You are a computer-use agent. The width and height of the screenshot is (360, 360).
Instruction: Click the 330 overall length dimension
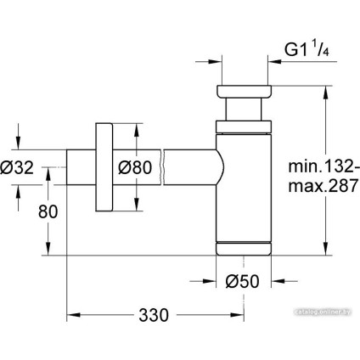[155, 314]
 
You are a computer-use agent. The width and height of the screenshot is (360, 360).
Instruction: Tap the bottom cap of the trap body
[244, 248]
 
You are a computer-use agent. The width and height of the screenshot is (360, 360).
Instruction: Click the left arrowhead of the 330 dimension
[71, 314]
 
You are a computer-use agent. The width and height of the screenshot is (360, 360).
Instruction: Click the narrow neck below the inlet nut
[244, 110]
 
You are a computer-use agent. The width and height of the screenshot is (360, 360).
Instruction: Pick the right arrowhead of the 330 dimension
[239, 314]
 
